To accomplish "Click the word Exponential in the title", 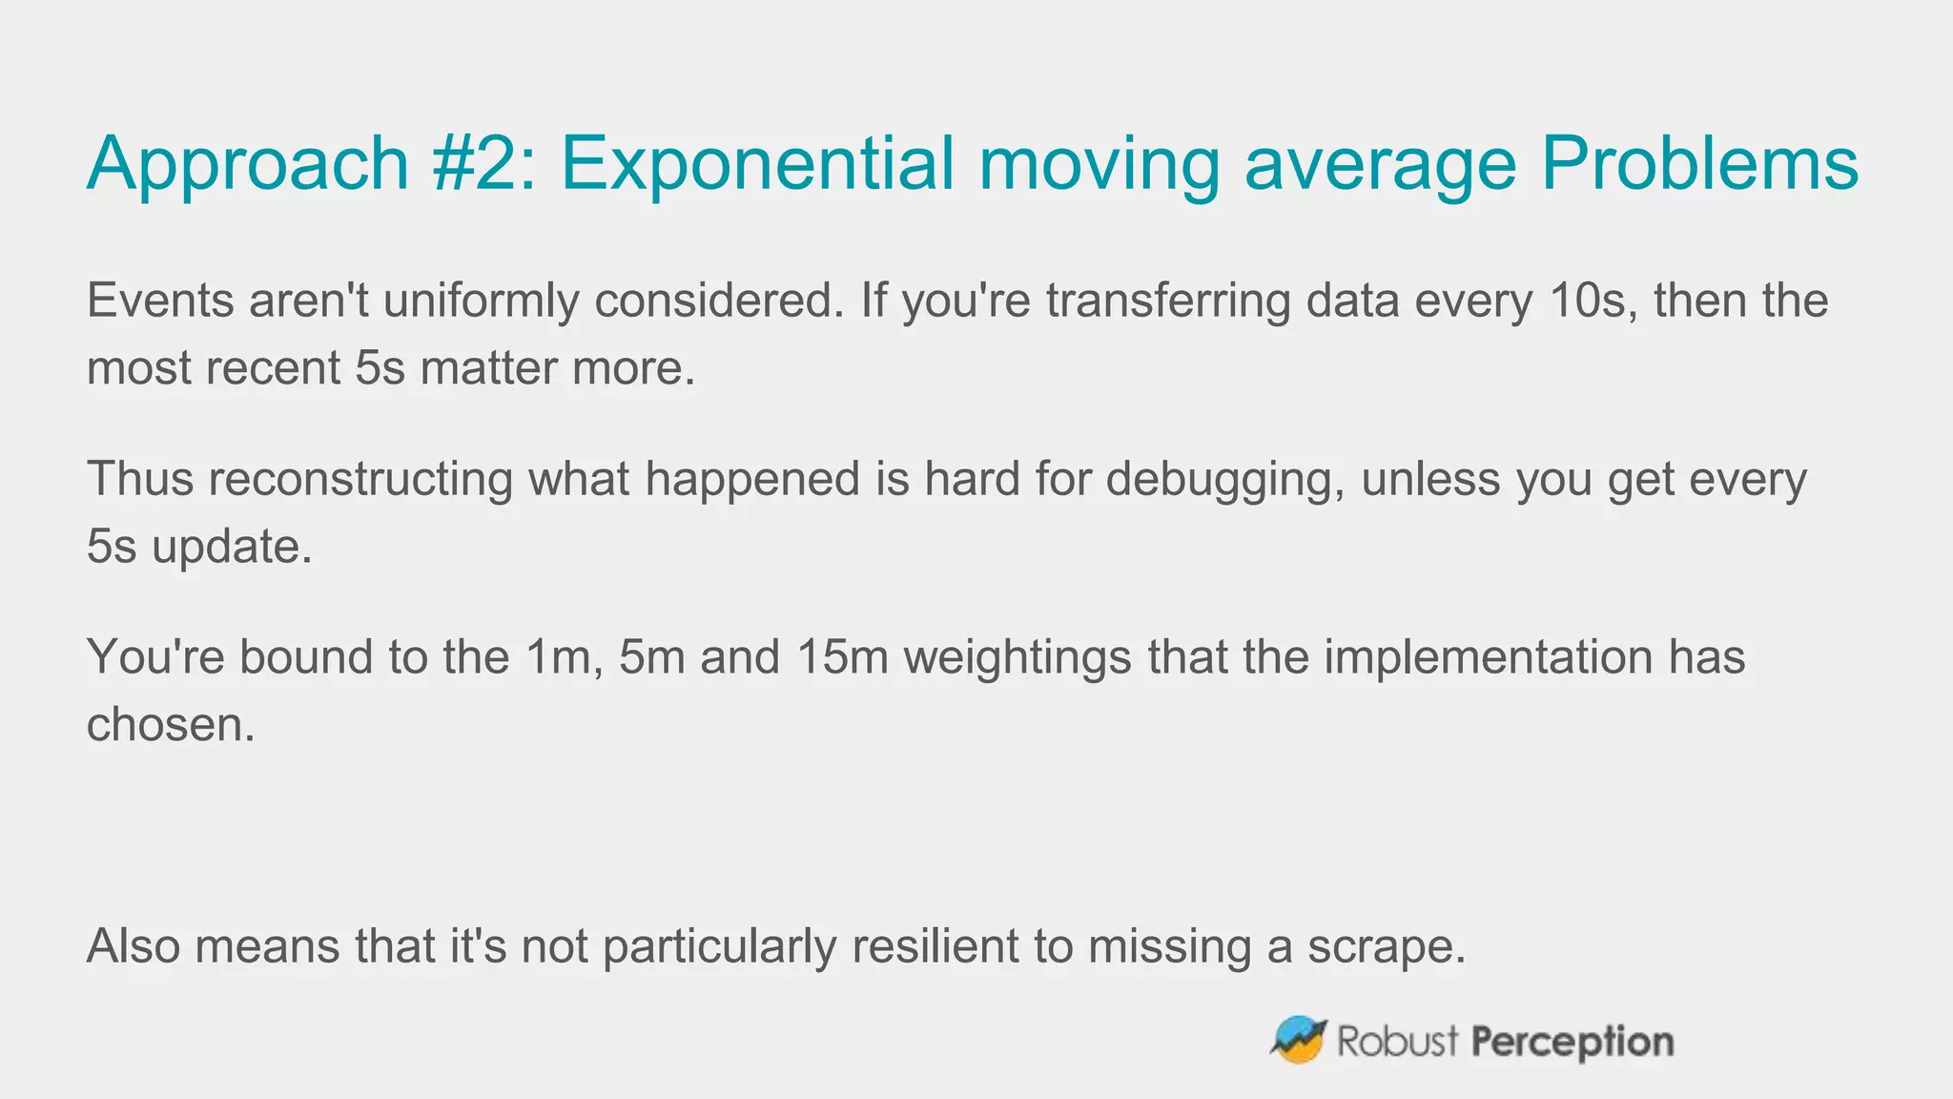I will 756,164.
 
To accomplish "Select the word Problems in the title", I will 1699,164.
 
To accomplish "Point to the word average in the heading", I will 1380,164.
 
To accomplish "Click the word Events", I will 160,301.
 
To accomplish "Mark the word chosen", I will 171,725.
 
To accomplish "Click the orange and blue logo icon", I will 1298,1040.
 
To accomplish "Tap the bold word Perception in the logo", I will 1572,1042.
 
